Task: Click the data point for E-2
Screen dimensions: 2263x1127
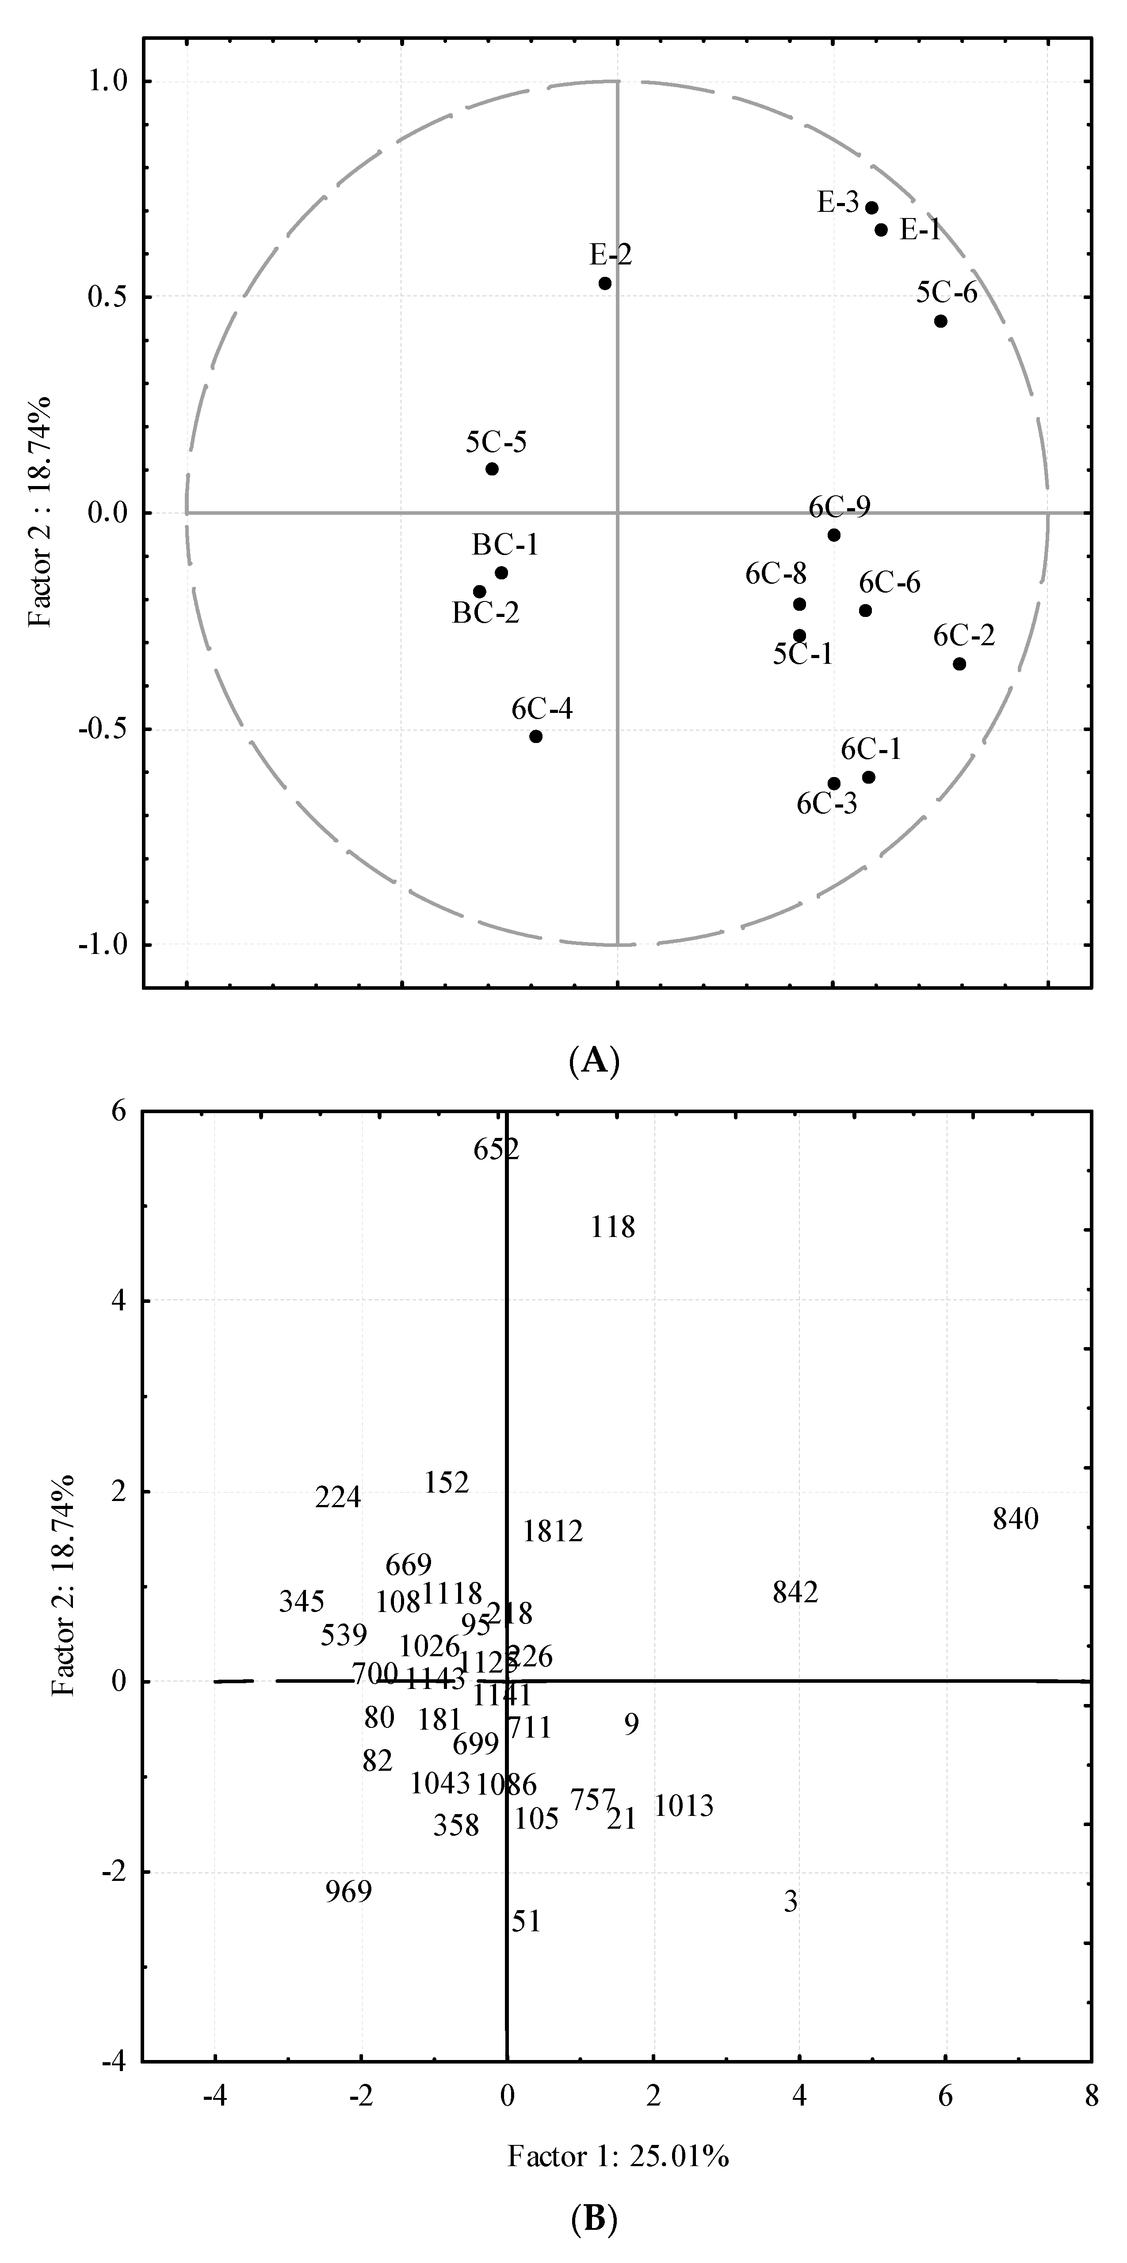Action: [x=604, y=283]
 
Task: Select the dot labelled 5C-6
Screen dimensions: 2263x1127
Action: [x=940, y=321]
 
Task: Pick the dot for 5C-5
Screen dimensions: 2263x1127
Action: [x=492, y=468]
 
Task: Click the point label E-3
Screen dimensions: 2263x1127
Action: [x=838, y=203]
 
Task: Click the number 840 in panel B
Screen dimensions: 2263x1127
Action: [x=1016, y=1519]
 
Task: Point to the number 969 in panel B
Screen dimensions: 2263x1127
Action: [x=349, y=1891]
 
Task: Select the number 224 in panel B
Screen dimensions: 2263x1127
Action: [x=338, y=1497]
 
